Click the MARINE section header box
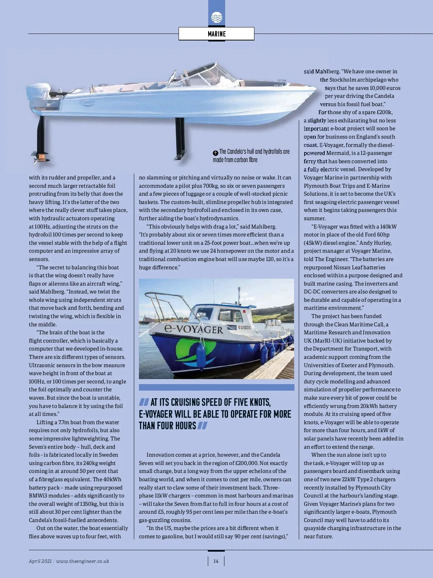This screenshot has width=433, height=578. point(216,34)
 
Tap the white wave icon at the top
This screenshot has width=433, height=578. point(216,17)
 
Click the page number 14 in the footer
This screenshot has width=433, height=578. point(216,561)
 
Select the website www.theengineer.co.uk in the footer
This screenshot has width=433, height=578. point(83,561)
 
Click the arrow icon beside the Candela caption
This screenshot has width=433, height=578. point(215,153)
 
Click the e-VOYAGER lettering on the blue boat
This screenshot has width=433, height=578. point(193,329)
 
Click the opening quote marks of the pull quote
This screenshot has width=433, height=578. point(144,402)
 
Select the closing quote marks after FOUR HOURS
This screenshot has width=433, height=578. point(202,426)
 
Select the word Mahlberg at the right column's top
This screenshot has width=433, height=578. point(327,71)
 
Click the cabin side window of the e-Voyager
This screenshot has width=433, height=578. point(231,315)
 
